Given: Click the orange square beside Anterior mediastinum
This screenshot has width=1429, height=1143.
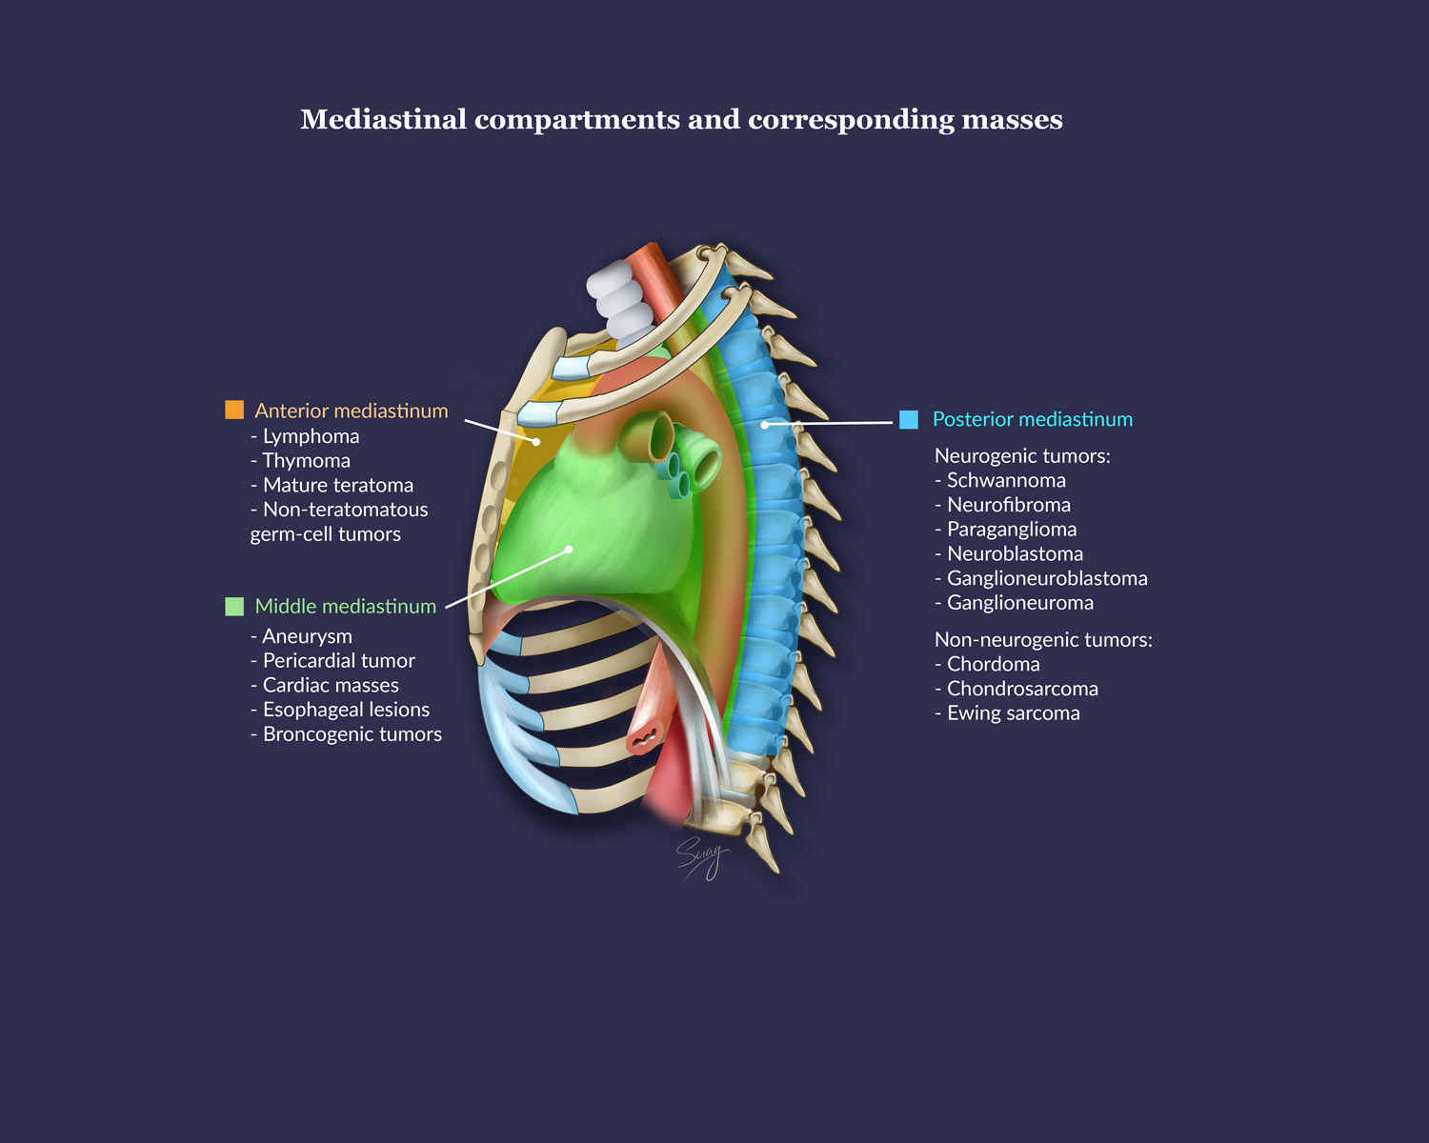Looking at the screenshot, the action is [x=234, y=410].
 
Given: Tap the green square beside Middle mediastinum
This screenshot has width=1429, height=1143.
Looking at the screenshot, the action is [x=234, y=607].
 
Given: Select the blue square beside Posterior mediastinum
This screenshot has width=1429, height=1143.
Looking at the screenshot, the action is [x=909, y=419].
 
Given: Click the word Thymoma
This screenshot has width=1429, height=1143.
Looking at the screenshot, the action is [x=306, y=461].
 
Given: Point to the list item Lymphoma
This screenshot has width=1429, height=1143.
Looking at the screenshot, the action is [x=311, y=436].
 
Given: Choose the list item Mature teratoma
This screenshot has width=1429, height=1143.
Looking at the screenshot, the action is [x=337, y=486].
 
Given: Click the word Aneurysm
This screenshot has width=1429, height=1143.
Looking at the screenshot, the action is [x=307, y=636].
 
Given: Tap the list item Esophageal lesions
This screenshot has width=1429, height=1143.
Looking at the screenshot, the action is [x=346, y=710].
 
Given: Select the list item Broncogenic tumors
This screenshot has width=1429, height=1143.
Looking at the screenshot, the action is [x=352, y=734].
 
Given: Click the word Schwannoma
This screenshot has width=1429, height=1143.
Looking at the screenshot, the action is [x=1006, y=481].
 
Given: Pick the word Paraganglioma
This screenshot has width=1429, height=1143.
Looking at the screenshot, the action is [x=1012, y=530].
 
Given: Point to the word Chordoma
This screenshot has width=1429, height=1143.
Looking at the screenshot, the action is [x=993, y=665].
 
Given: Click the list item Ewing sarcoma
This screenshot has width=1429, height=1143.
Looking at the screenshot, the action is [x=1013, y=713].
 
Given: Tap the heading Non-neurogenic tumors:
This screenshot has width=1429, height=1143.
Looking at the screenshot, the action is [x=1043, y=640].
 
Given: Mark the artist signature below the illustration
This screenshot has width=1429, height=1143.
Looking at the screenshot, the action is [x=702, y=857].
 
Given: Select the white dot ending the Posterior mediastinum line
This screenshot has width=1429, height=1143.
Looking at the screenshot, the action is [x=764, y=425].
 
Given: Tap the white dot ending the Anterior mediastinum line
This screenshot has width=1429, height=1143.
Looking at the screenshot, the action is [x=536, y=442].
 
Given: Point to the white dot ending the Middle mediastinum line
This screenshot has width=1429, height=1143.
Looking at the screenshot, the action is [x=569, y=550].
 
